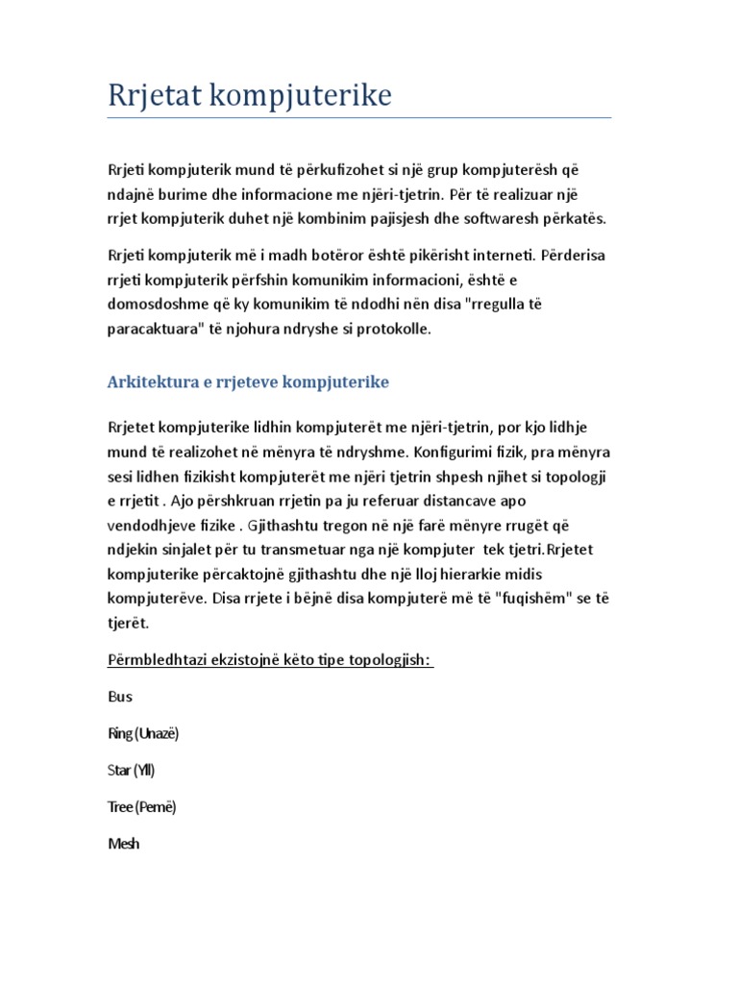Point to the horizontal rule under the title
358,118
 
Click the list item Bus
120,697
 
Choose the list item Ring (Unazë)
143,733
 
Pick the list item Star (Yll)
131,770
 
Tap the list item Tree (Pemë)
141,807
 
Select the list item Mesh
123,844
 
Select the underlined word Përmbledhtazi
158,660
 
